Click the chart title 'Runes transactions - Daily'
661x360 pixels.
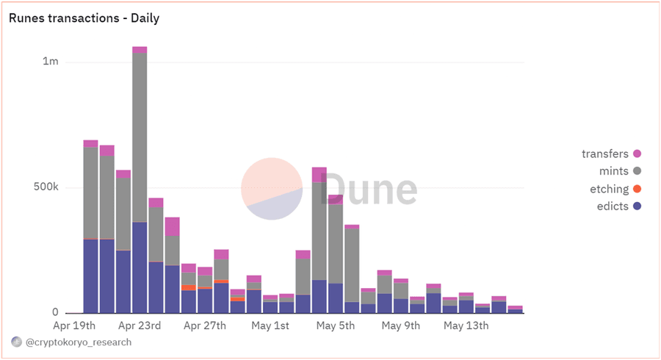pyautogui.click(x=84, y=18)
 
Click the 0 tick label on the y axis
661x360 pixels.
pyautogui.click(x=55, y=313)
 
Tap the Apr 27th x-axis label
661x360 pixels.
pyautogui.click(x=206, y=325)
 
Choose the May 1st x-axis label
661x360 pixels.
pyautogui.click(x=270, y=325)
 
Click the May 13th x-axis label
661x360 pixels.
pyautogui.click(x=466, y=325)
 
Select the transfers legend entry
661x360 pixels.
pyautogui.click(x=604, y=154)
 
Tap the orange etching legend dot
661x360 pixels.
pyautogui.click(x=637, y=189)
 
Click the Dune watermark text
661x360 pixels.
pyautogui.click(x=367, y=189)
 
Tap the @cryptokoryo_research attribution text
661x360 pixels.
pyautogui.click(x=79, y=342)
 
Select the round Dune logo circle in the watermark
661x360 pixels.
pyautogui.click(x=272, y=189)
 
